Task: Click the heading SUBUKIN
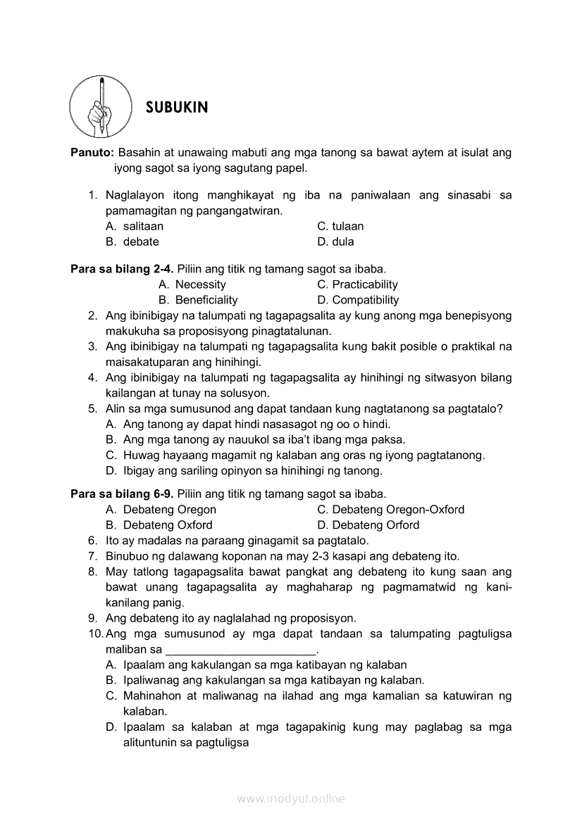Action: pyautogui.click(x=177, y=108)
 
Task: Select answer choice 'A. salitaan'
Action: pyautogui.click(x=135, y=226)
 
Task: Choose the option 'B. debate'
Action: pyautogui.click(x=132, y=241)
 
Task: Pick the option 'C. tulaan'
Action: pyautogui.click(x=340, y=226)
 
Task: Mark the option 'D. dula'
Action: pyautogui.click(x=335, y=241)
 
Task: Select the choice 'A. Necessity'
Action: pyautogui.click(x=192, y=284)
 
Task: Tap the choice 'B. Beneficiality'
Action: pyautogui.click(x=198, y=300)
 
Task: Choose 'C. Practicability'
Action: pyautogui.click(x=357, y=284)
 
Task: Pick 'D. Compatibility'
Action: pyautogui.click(x=358, y=300)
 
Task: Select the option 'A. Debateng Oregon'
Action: pyautogui.click(x=161, y=510)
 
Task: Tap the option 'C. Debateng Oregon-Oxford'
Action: pyautogui.click(x=390, y=510)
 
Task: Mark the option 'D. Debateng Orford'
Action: pyautogui.click(x=368, y=525)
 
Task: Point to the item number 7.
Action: pyautogui.click(x=92, y=556)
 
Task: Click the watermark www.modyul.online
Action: pyautogui.click(x=291, y=799)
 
